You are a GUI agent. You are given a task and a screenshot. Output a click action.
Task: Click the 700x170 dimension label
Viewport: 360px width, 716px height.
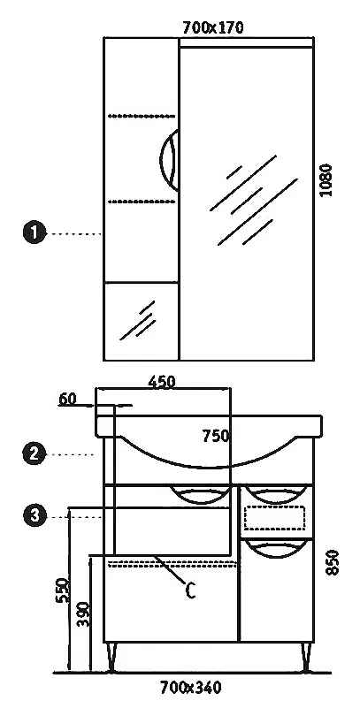213,28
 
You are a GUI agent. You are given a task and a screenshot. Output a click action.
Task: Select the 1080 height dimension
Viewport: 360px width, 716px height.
326,180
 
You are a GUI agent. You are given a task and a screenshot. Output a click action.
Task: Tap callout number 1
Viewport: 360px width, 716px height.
34,232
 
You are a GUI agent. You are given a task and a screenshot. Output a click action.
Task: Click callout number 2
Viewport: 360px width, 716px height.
34,453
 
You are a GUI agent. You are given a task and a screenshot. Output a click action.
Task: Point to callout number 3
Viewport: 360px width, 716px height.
34,516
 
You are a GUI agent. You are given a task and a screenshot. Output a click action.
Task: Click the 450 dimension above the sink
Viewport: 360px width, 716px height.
162,381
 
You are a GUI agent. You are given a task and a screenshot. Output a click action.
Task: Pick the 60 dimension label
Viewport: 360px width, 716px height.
67,399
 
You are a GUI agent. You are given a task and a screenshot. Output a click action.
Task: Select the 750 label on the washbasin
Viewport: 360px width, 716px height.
216,436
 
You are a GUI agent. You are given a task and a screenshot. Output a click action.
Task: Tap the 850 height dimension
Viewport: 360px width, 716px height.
333,562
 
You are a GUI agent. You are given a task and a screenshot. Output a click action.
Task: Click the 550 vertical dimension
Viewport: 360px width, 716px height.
62,590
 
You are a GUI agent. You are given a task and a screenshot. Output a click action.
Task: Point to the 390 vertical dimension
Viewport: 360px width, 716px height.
84,614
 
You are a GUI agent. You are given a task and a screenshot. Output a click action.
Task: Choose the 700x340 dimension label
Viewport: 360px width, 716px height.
190,687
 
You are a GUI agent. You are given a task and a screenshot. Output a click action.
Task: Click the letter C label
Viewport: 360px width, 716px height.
190,590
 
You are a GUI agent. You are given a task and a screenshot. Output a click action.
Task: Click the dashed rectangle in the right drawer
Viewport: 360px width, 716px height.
274,518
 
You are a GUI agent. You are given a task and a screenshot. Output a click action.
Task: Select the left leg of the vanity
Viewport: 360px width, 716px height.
111,658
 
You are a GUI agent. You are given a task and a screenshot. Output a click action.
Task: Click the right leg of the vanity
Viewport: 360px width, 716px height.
307,658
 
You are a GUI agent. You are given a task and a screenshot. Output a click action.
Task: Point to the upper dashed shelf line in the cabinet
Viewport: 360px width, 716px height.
142,116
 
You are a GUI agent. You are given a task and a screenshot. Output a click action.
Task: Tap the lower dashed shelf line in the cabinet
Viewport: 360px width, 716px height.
142,201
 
